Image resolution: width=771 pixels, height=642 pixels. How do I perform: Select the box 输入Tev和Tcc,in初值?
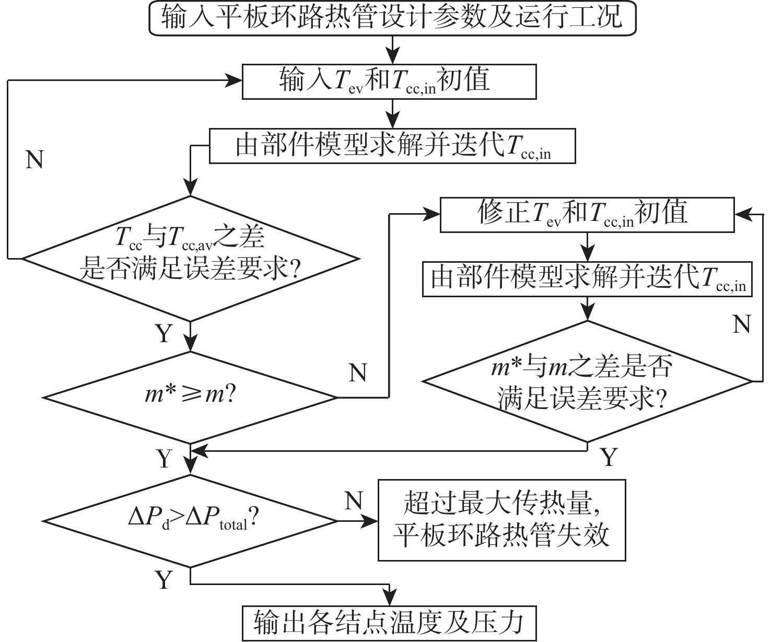[389, 81]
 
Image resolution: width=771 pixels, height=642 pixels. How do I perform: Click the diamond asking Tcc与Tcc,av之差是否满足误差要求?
[190, 258]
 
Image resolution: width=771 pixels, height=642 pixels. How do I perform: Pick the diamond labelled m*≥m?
[190, 397]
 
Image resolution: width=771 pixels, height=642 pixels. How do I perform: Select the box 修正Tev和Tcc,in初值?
[587, 214]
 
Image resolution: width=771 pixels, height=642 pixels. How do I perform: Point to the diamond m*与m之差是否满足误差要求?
[587, 381]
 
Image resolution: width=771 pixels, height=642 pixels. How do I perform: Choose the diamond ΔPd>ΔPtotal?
[190, 521]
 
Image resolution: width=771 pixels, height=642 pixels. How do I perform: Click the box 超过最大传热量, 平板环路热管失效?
[501, 520]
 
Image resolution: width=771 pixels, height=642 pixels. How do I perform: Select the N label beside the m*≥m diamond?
[358, 373]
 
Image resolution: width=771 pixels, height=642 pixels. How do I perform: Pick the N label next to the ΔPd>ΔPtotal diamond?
[354, 501]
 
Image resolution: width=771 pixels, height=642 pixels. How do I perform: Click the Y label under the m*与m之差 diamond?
[609, 458]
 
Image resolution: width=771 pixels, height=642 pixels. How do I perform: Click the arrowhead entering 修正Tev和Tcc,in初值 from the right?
[741, 214]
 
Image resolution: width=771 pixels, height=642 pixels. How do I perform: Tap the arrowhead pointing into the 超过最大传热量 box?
[372, 521]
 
